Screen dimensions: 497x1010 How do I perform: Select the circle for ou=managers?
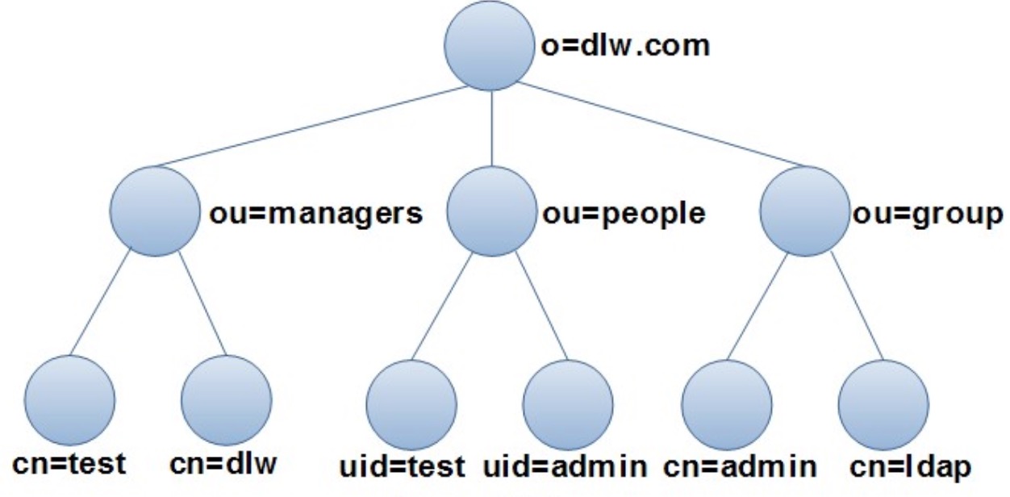(156, 211)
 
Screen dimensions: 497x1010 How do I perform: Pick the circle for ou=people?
(491, 211)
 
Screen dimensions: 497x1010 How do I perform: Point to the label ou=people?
(622, 215)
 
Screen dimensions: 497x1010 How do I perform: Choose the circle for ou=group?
(804, 211)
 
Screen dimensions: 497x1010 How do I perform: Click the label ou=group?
(926, 215)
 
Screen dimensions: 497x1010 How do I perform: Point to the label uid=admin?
(566, 467)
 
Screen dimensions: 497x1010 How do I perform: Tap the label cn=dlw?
(223, 466)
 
